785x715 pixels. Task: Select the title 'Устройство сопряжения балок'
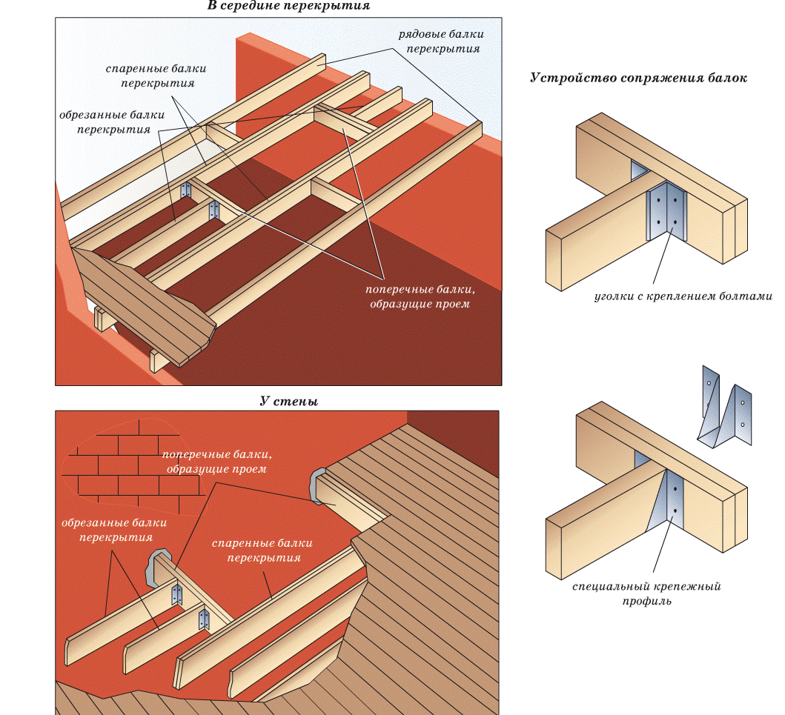click(x=638, y=78)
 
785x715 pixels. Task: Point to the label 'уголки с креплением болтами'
click(x=683, y=296)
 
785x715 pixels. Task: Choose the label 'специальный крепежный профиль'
click(x=646, y=593)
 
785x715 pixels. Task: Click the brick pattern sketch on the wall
click(x=133, y=467)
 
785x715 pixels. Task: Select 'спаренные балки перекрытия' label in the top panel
click(x=156, y=76)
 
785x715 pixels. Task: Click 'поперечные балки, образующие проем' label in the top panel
click(x=419, y=296)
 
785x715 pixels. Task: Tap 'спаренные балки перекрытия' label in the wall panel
click(x=257, y=551)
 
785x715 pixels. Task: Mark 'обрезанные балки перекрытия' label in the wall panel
click(x=114, y=530)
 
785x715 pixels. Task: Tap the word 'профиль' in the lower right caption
click(x=646, y=601)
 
